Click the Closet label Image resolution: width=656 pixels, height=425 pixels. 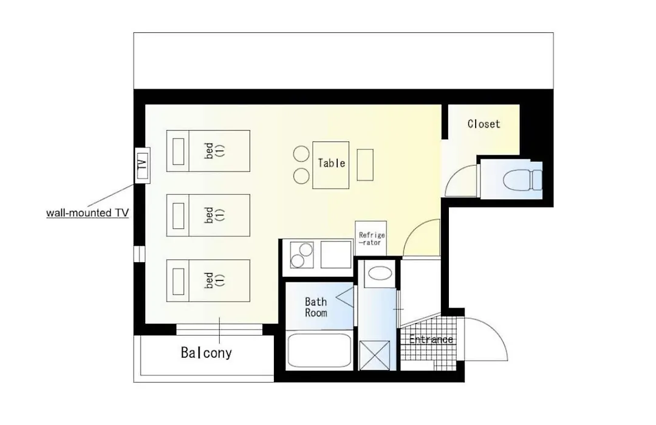(483, 124)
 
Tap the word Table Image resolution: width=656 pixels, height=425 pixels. (332, 163)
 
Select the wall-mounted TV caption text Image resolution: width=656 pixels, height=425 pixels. (87, 213)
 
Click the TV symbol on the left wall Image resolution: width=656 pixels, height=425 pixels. (142, 165)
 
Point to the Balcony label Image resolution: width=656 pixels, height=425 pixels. (207, 353)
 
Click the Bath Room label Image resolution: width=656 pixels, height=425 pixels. (316, 307)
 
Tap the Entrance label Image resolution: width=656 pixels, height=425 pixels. (431, 339)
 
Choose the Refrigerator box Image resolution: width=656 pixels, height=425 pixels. (371, 239)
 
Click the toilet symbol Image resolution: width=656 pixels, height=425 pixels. (522, 180)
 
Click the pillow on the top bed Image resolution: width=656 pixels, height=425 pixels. (178, 151)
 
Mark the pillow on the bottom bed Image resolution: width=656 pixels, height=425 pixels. (178, 281)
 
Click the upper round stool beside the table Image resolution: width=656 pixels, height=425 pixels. (301, 154)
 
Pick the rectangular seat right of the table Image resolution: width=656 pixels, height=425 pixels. (365, 165)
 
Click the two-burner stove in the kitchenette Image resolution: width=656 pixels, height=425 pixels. (302, 255)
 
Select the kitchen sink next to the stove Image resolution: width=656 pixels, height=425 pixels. (336, 255)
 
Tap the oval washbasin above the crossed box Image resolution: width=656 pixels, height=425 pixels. (380, 274)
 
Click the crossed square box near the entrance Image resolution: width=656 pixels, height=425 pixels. (374, 355)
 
